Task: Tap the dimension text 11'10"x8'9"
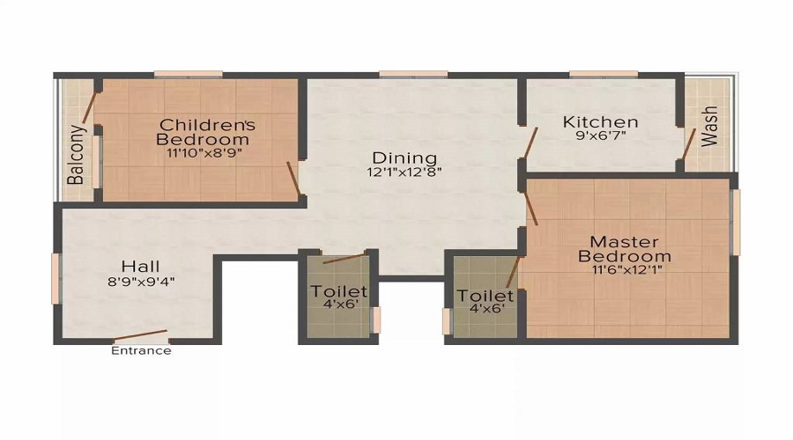click(204, 152)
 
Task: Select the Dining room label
click(404, 158)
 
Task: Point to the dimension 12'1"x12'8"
click(404, 172)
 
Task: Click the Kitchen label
click(600, 121)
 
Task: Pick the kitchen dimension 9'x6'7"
click(600, 136)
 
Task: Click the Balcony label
click(78, 155)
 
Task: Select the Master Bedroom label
click(624, 249)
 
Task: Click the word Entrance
click(141, 350)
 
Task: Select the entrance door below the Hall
click(141, 336)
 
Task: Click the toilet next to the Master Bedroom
click(485, 299)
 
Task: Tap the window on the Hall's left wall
click(56, 278)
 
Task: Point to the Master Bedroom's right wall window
click(737, 222)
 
